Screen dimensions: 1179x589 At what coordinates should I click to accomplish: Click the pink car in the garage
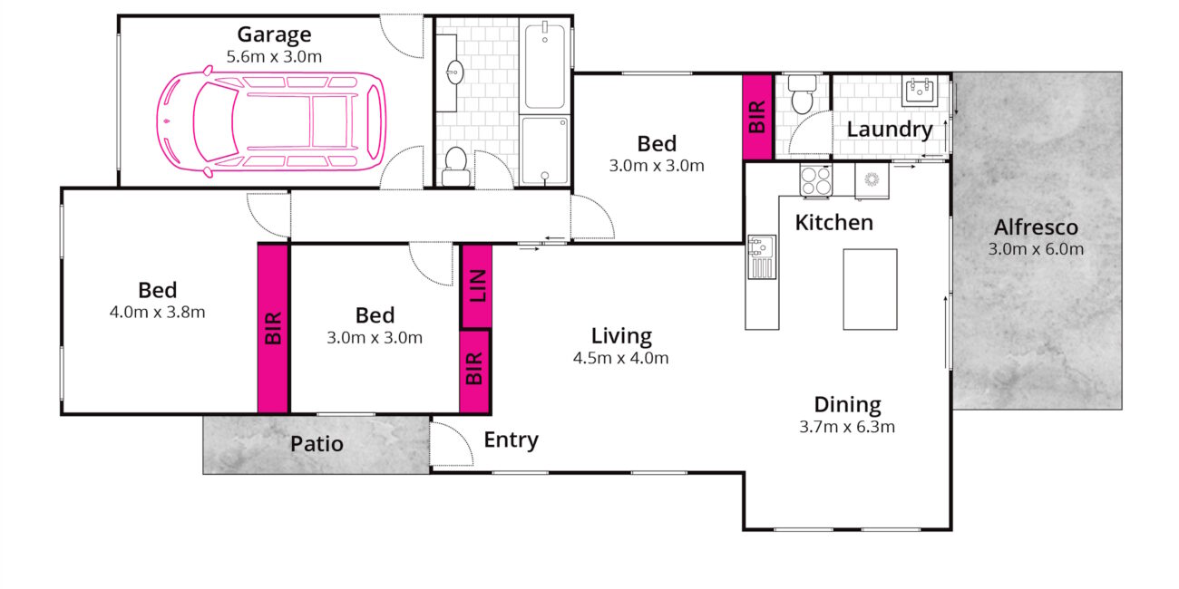[271, 121]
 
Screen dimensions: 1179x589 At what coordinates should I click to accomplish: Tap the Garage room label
[274, 34]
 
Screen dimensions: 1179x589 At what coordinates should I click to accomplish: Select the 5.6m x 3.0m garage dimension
[274, 57]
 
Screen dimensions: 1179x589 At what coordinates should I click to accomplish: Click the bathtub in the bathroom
[545, 65]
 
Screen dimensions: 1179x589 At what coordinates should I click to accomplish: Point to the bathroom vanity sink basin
[454, 72]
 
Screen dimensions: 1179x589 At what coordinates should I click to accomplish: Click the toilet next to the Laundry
[802, 93]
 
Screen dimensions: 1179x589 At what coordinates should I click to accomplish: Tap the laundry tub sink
[920, 91]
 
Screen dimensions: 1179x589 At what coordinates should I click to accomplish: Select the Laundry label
[890, 130]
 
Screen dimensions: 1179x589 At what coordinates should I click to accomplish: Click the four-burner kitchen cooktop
[816, 180]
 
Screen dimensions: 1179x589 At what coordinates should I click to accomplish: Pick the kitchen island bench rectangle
[870, 289]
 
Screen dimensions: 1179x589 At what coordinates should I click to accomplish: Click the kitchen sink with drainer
[762, 256]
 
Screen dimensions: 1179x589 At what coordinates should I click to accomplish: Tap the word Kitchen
[833, 223]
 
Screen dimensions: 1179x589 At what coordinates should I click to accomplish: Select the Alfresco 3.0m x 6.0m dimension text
[1036, 249]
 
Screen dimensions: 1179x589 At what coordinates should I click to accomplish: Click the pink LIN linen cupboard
[477, 285]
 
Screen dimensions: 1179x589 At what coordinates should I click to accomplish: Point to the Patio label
[317, 444]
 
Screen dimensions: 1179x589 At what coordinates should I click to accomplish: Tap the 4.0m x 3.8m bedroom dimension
[158, 313]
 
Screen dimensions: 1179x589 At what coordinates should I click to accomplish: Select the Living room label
[621, 336]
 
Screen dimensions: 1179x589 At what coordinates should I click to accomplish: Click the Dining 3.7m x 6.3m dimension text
[847, 427]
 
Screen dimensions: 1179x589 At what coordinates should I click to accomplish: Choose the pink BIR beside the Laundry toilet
[757, 117]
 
